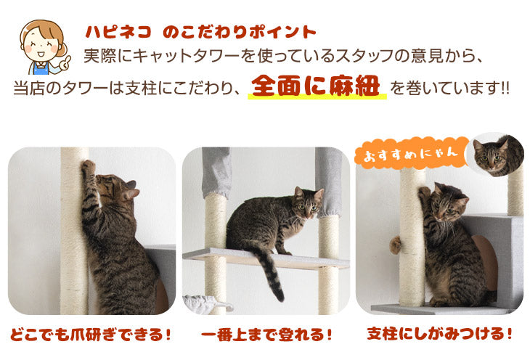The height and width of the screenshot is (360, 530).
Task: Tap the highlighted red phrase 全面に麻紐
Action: [x=317, y=86]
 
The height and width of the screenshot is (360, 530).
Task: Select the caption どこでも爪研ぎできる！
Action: [x=91, y=335]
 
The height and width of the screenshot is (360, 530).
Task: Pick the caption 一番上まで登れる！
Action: [x=266, y=336]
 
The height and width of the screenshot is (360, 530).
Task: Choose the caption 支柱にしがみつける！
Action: [x=440, y=335]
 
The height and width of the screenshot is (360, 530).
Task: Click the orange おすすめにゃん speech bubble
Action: [x=408, y=153]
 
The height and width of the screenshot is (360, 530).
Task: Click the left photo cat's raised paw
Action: [x=88, y=168]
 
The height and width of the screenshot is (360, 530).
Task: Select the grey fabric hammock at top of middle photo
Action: [x=216, y=171]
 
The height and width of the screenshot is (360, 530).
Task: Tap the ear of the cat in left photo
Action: [x=130, y=192]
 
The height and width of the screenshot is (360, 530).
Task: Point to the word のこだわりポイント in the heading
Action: [x=240, y=32]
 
